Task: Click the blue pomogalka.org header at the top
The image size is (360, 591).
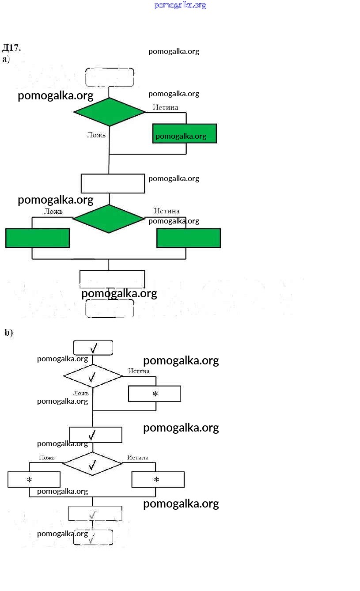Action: [180, 5]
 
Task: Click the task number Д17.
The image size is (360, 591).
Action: [11, 48]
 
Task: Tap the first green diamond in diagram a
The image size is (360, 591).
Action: [109, 112]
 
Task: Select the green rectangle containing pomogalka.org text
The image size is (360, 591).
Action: [185, 133]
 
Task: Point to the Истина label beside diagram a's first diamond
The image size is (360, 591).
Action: [166, 107]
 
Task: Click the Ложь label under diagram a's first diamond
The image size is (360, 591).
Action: [96, 135]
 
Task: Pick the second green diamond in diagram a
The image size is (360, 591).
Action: [109, 219]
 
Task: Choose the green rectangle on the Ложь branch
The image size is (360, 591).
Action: [38, 238]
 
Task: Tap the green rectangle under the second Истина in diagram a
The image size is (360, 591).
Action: [189, 238]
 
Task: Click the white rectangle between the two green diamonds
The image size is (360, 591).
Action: [113, 183]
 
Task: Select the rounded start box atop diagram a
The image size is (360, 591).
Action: [110, 77]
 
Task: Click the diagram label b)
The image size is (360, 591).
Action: [9, 333]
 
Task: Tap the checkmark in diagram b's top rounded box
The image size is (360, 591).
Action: [94, 348]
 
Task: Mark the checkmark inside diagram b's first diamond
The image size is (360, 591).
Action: [92, 377]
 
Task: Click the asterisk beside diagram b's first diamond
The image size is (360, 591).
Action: [155, 394]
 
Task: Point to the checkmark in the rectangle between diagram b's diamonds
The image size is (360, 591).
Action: [92, 435]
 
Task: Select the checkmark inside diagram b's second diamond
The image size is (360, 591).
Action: [92, 464]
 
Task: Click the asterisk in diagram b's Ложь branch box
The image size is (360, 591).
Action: [29, 480]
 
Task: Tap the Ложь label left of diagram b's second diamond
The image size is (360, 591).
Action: [47, 458]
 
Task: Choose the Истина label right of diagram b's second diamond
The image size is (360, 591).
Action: [138, 458]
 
